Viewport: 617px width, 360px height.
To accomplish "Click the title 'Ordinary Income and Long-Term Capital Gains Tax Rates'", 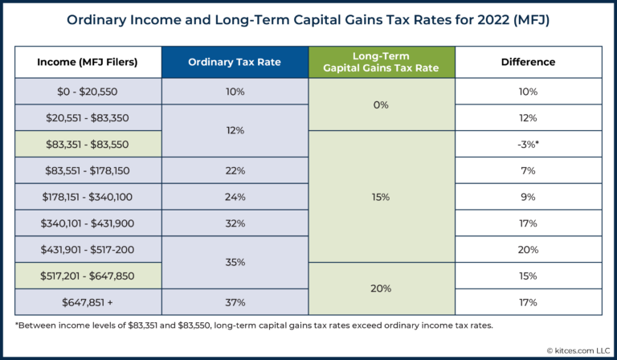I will [x=308, y=19].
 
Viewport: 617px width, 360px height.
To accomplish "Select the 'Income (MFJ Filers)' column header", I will [x=88, y=62].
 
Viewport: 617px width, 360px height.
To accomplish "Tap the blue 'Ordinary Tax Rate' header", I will [x=235, y=62].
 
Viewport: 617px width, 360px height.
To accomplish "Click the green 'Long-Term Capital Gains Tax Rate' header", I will [x=382, y=62].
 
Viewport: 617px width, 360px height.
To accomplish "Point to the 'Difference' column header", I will [x=528, y=62].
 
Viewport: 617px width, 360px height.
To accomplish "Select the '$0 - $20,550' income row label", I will [x=88, y=92].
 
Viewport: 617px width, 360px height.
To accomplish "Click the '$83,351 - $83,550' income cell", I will [x=88, y=144].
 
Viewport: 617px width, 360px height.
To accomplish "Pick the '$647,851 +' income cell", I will [x=88, y=302].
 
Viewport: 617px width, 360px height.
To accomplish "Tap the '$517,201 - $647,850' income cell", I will [x=88, y=276].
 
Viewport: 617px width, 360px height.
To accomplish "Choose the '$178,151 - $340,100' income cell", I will [x=88, y=197].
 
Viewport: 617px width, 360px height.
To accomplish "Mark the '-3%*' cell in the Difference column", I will [x=528, y=144].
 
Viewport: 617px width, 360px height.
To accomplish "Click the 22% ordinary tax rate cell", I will [x=235, y=170].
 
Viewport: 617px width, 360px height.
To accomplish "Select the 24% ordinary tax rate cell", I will [x=235, y=197].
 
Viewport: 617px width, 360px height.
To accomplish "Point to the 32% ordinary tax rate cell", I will [x=235, y=223].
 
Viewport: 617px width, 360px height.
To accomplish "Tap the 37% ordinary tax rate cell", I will [x=235, y=302].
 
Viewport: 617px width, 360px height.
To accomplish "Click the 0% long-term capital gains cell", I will [x=382, y=104].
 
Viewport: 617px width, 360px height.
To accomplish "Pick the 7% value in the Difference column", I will [x=528, y=170].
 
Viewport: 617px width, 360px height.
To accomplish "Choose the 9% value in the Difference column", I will [x=528, y=197].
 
